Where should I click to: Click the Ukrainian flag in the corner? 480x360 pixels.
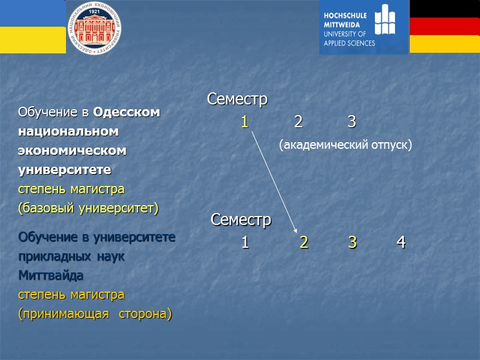(32, 26)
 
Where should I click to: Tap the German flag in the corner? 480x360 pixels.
(445, 26)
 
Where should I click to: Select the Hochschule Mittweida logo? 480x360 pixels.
(364, 27)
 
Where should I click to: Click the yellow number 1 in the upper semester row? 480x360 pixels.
(244, 122)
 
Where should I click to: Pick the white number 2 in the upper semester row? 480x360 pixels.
(298, 122)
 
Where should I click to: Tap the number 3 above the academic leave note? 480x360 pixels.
(352, 122)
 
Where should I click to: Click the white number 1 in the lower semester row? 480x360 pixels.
(245, 243)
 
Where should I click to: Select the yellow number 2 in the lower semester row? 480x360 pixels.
(304, 243)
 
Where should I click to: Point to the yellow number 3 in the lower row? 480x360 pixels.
(352, 243)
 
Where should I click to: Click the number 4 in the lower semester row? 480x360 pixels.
(401, 243)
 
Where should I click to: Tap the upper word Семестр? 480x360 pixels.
(237, 100)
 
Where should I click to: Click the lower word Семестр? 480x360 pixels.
(241, 220)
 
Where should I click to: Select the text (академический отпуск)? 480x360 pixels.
(346, 145)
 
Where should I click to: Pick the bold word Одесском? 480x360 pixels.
(127, 112)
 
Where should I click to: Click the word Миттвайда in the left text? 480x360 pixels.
(51, 276)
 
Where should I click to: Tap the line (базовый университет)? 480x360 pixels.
(88, 208)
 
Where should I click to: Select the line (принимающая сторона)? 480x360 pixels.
(95, 314)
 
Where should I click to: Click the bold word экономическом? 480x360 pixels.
(73, 151)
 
